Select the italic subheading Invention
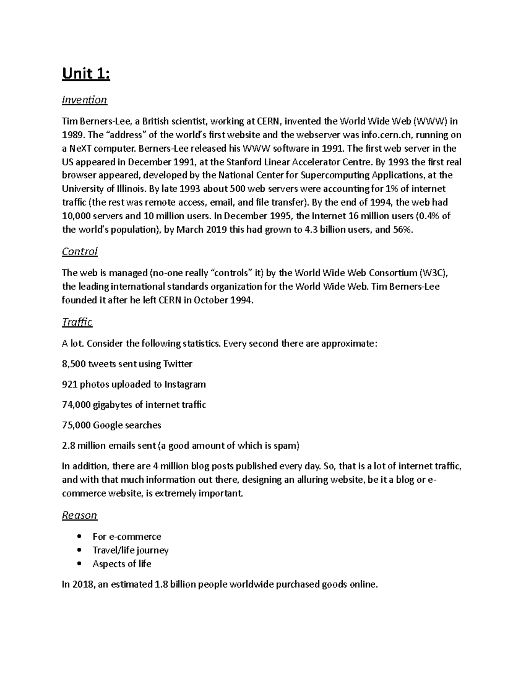(x=84, y=100)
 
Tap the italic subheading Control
(x=79, y=252)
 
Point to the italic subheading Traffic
(x=77, y=322)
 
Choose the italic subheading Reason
(x=79, y=515)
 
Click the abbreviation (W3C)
(x=434, y=273)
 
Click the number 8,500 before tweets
(x=74, y=364)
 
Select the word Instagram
(x=185, y=385)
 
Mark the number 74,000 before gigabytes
(x=76, y=405)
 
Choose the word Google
(x=108, y=425)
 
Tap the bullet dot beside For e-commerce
(x=79, y=536)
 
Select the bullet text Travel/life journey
(x=131, y=550)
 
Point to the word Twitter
(x=178, y=364)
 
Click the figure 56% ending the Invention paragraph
(x=402, y=230)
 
